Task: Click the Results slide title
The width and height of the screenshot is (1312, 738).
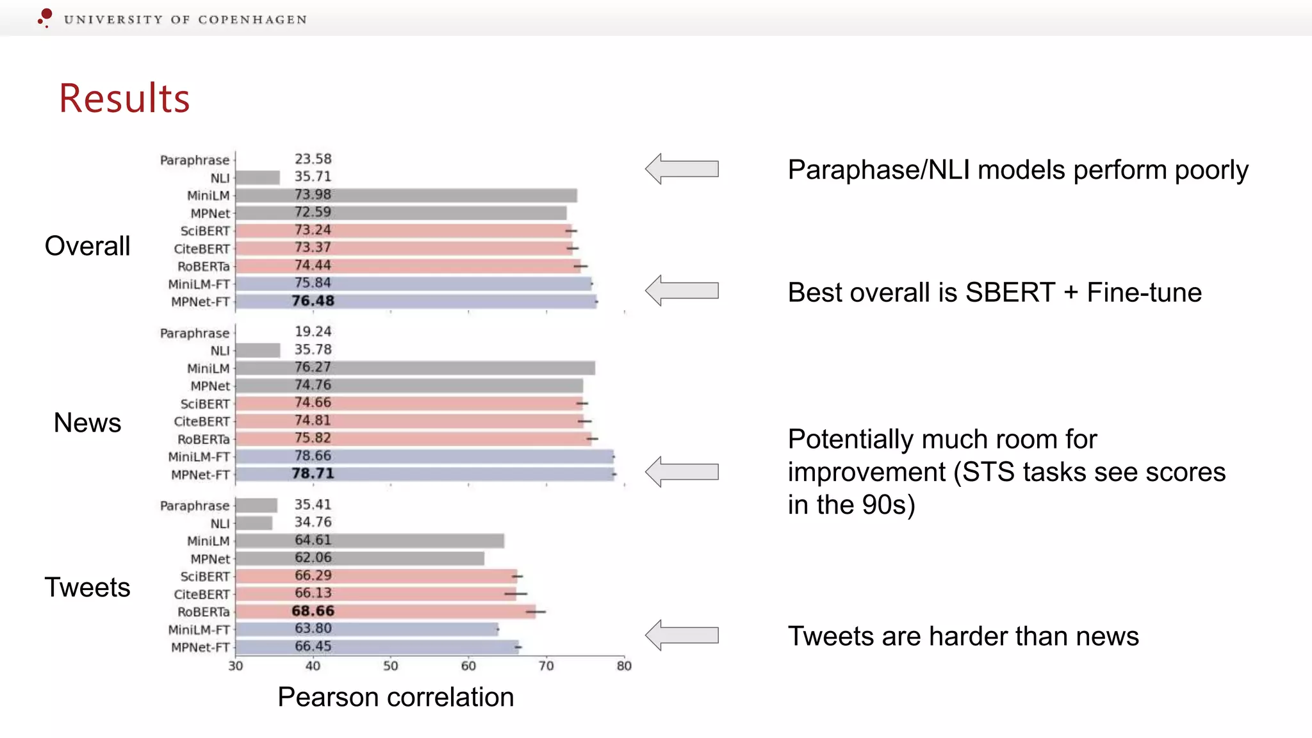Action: click(x=124, y=99)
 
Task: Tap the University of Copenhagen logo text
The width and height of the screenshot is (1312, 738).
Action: click(x=185, y=20)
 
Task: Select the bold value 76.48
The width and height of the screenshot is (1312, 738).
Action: click(x=313, y=301)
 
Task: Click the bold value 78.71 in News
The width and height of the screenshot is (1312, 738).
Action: click(x=313, y=473)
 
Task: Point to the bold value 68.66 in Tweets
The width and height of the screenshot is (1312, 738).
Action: click(x=313, y=611)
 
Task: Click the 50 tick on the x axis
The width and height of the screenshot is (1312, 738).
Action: click(x=391, y=666)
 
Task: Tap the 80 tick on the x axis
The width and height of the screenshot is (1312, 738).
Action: click(x=624, y=666)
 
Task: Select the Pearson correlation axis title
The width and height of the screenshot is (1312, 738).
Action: click(x=395, y=697)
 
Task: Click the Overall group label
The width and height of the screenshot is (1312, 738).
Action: click(x=87, y=246)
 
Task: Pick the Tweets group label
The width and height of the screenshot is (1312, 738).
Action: click(x=87, y=587)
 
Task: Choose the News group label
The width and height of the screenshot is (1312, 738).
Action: click(x=87, y=423)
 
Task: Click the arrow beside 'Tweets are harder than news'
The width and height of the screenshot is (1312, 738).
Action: click(x=682, y=635)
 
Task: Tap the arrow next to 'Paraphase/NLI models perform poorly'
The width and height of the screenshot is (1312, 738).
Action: click(x=682, y=169)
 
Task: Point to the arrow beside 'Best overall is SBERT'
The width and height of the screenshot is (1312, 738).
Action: click(x=682, y=291)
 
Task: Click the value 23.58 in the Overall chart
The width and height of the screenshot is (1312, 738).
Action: click(x=313, y=159)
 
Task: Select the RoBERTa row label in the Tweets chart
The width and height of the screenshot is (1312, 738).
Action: click(x=203, y=612)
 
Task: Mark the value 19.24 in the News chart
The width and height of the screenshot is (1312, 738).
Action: click(x=313, y=332)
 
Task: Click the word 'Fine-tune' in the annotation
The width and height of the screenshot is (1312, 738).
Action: click(x=1144, y=293)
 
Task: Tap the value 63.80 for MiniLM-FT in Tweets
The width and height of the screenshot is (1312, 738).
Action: click(x=313, y=628)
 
